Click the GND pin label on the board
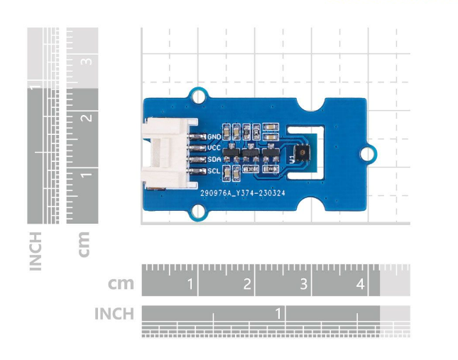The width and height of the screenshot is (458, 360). [x=214, y=136]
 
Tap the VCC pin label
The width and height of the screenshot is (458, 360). [x=214, y=147]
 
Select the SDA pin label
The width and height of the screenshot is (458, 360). [x=214, y=159]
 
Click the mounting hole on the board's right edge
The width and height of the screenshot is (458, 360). [x=367, y=152]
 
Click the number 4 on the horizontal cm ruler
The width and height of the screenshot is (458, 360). [x=360, y=285]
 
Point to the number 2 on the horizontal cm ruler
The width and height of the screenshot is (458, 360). [x=247, y=285]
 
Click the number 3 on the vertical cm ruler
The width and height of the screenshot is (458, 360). [x=85, y=61]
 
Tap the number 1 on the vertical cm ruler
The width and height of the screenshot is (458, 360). [x=85, y=174]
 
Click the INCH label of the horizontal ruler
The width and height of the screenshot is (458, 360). [x=114, y=314]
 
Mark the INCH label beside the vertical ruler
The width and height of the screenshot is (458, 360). [x=36, y=250]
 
